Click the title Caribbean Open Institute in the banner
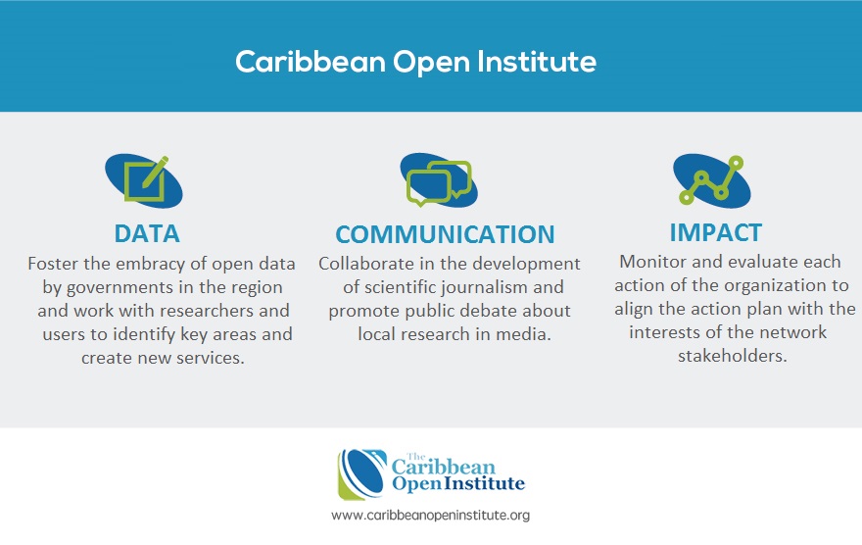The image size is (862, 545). pos(415,62)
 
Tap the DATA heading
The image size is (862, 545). pos(147,233)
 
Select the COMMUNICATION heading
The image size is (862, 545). pos(445,234)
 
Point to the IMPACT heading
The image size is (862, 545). pos(715,232)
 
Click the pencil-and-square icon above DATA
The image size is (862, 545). pos(143,180)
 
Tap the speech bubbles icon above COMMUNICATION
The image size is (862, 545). pos(439,179)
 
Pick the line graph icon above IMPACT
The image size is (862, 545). pos(712,180)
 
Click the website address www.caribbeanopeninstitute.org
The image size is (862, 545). pos(430,516)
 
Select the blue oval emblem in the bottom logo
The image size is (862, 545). pos(362,474)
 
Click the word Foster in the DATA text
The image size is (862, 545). pos(53,264)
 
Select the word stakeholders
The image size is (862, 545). pos(733,356)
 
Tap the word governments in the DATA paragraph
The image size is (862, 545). pos(120,288)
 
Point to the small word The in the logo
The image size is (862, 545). pos(416,457)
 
